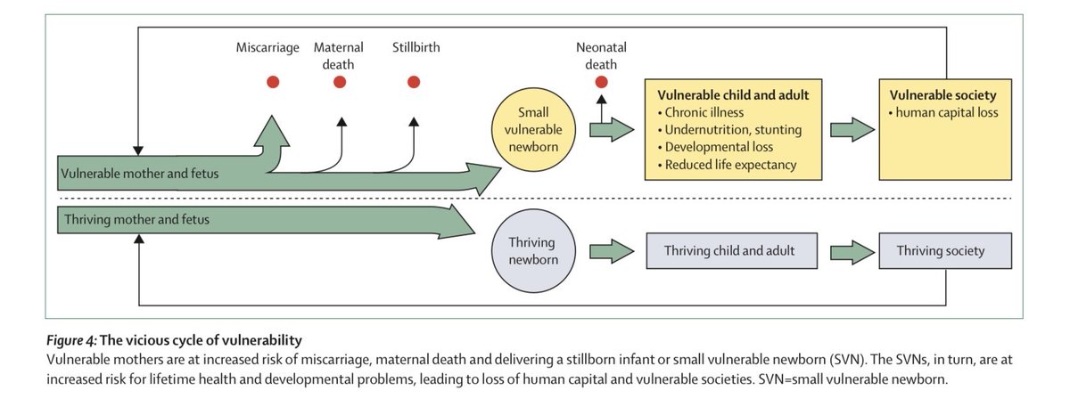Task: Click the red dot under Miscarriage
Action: [273, 82]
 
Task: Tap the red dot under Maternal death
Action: [340, 82]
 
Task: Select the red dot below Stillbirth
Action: [414, 82]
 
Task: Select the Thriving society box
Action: [945, 250]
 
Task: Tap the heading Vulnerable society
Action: [943, 94]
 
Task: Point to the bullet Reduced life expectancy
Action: [730, 165]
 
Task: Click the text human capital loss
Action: [947, 112]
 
